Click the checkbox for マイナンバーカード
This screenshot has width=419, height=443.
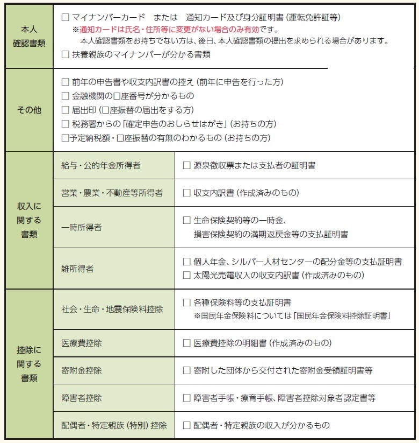pos(66,18)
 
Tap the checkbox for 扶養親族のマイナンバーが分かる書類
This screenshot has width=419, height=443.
pos(66,54)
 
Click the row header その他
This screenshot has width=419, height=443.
pos(29,110)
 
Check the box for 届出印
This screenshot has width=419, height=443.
pos(66,110)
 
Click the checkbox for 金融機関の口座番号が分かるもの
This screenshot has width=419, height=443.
pos(66,96)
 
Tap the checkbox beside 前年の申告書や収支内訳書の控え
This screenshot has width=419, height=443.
pos(66,82)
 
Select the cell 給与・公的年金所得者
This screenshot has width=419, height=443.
pos(100,166)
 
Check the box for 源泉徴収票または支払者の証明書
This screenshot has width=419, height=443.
pos(187,166)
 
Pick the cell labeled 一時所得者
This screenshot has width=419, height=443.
pos(82,227)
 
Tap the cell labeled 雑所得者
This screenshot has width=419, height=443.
pos(78,269)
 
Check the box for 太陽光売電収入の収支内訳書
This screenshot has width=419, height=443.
pos(187,276)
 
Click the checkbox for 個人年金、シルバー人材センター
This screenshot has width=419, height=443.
pos(187,262)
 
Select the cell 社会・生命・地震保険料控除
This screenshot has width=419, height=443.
pos(112,309)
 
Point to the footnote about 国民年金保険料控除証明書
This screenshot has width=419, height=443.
pos(292,316)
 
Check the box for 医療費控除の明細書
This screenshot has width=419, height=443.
pos(187,343)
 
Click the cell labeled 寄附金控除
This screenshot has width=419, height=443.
pos(82,371)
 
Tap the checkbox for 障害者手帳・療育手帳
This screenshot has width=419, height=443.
pos(187,398)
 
